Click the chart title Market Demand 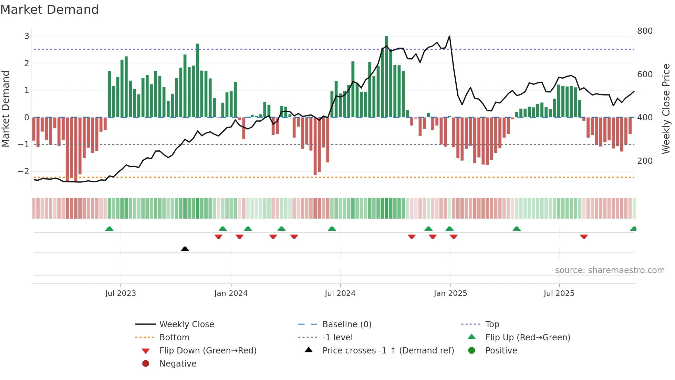pos(50,10)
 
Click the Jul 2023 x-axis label pos(121,293)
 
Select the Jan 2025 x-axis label pos(450,293)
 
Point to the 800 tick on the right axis pos(645,31)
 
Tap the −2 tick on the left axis pos(23,171)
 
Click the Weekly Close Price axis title pos(666,109)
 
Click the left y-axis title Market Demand pos(6,109)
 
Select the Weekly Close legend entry pos(186,324)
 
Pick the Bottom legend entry pos(174,338)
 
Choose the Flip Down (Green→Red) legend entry pos(208,351)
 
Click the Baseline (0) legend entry pos(346,324)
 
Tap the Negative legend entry pos(178,364)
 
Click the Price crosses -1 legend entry pos(388,351)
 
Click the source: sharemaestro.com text pos(610,270)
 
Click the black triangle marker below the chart pos(185,249)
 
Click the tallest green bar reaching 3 pos(386,76)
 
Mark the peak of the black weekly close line pos(449,36)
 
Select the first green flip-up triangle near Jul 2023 pos(109,229)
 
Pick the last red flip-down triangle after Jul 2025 pos(584,237)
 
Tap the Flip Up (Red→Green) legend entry pos(528,338)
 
